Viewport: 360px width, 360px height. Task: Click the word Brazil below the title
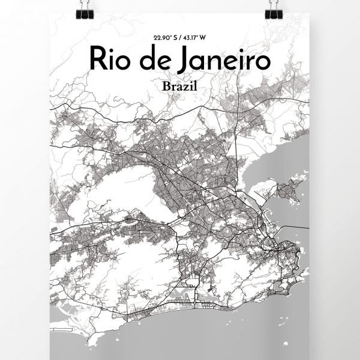coord(179,86)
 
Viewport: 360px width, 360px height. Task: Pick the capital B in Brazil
coord(166,86)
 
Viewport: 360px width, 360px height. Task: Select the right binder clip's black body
coord(277,10)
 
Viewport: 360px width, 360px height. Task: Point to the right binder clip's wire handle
coord(277,2)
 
